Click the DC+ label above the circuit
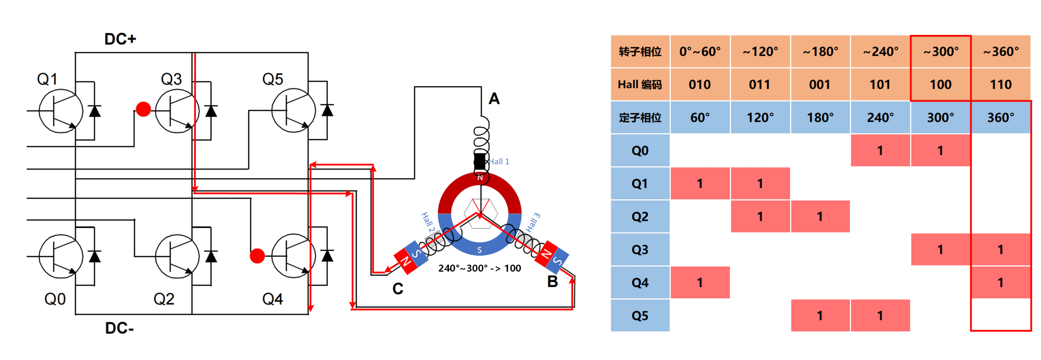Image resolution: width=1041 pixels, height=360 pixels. [x=120, y=39]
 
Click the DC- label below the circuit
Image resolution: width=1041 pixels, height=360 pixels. [x=119, y=328]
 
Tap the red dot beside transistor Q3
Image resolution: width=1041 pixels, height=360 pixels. [x=144, y=109]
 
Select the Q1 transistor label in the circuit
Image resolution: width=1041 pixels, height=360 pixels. [x=47, y=79]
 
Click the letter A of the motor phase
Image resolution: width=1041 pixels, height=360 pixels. [x=494, y=99]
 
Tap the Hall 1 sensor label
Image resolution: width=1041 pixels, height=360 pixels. [x=499, y=162]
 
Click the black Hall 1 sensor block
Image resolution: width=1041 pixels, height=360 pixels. [x=480, y=162]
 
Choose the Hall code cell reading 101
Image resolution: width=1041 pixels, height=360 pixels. [x=880, y=84]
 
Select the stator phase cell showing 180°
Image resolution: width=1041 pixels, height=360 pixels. [x=820, y=118]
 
